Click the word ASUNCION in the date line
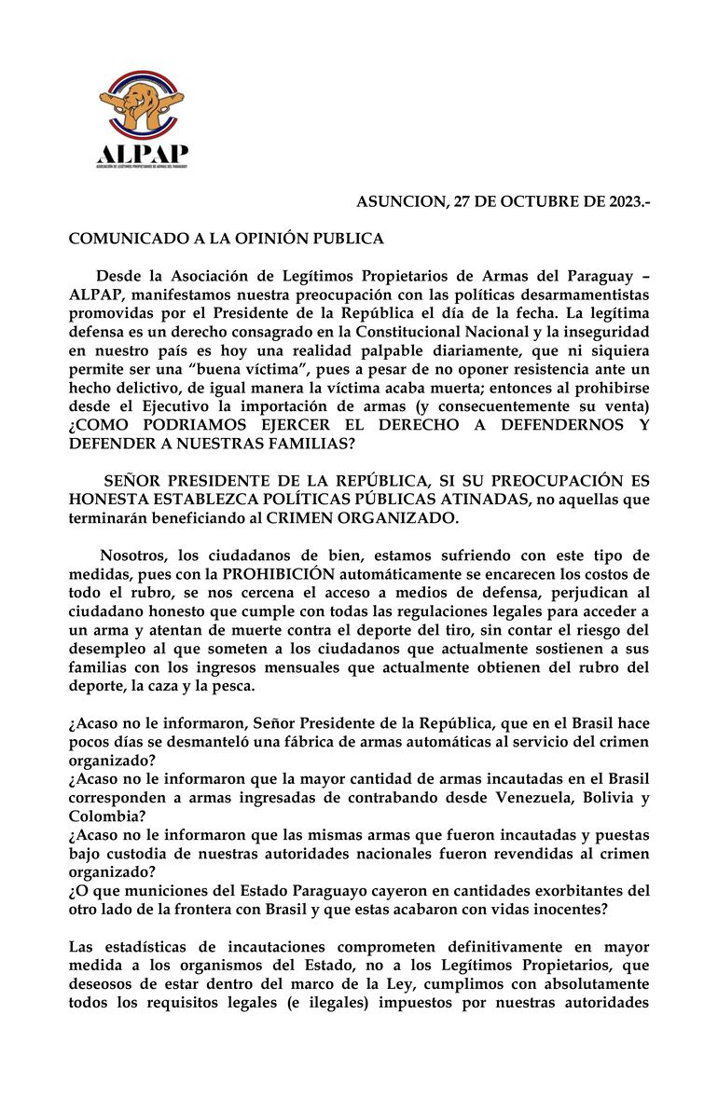(x=398, y=202)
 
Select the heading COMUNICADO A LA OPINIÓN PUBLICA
(x=226, y=239)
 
